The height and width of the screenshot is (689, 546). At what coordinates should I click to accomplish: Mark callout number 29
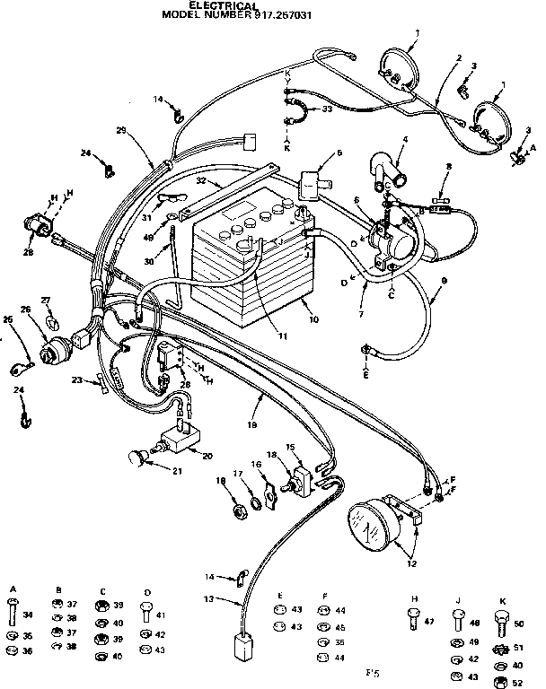pos(121,131)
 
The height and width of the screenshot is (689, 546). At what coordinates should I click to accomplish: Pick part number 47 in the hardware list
pos(429,621)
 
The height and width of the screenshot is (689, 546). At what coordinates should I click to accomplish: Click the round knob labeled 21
pos(137,458)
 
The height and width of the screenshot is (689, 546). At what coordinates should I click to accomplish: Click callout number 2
pos(459,59)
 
